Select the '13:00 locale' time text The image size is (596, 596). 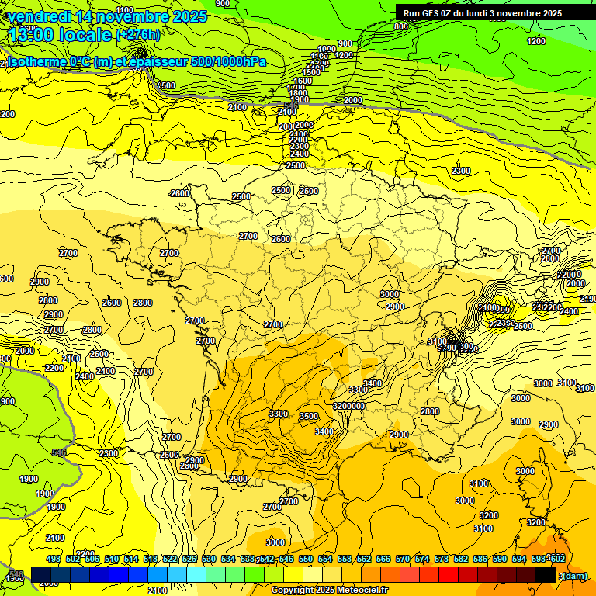(60, 35)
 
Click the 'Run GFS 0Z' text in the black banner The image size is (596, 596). (430, 13)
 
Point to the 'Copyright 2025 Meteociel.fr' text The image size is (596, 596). (329, 591)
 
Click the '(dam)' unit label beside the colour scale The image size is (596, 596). (573, 575)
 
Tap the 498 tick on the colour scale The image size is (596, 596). (54, 559)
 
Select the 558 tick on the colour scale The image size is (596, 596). (345, 559)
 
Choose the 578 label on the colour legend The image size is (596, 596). (442, 559)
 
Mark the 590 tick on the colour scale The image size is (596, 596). (500, 559)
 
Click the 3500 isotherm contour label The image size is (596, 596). (309, 417)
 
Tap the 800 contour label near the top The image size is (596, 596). (400, 26)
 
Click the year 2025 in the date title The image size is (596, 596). (190, 16)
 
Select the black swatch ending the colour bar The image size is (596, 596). (545, 574)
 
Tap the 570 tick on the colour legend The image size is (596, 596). (403, 559)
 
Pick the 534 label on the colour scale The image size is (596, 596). (228, 559)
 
